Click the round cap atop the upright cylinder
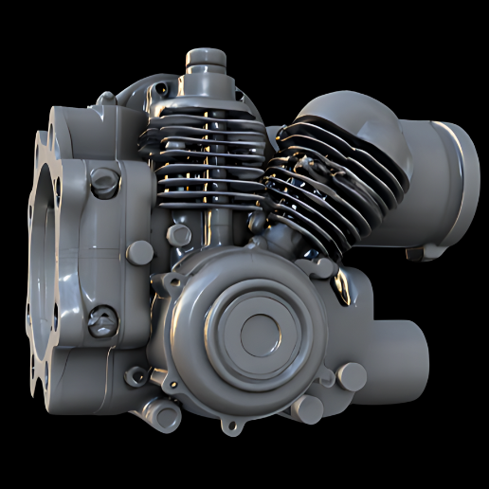(x=203, y=59)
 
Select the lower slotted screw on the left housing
(x=101, y=322)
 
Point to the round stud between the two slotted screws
(x=139, y=251)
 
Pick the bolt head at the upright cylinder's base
(x=179, y=235)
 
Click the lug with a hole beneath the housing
(x=161, y=412)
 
